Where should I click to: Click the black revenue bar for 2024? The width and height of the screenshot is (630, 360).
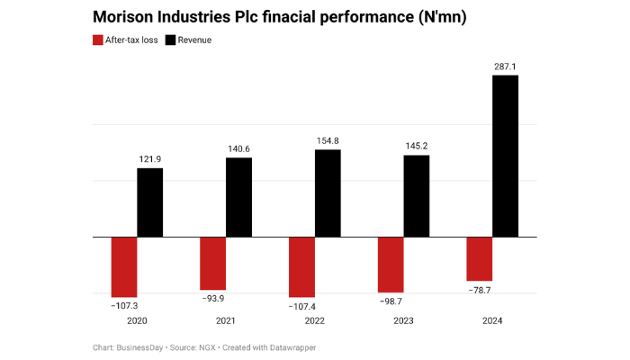505,156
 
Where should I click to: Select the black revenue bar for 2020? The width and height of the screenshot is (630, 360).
150,202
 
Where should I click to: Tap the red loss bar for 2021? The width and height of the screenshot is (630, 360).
212,263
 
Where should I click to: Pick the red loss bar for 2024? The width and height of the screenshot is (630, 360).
479,258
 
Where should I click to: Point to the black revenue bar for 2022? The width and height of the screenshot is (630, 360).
328,193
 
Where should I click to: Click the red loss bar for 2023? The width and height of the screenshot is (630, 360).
390,265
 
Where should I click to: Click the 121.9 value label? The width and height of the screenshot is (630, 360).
150,159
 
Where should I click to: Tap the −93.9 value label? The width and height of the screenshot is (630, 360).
212,299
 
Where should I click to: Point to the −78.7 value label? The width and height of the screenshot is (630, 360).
479,290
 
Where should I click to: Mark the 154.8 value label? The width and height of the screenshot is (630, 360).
328,140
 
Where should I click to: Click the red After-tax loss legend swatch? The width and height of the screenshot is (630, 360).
98,40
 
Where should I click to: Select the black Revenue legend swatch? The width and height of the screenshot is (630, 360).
171,40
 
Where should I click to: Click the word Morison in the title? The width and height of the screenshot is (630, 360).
129,17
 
